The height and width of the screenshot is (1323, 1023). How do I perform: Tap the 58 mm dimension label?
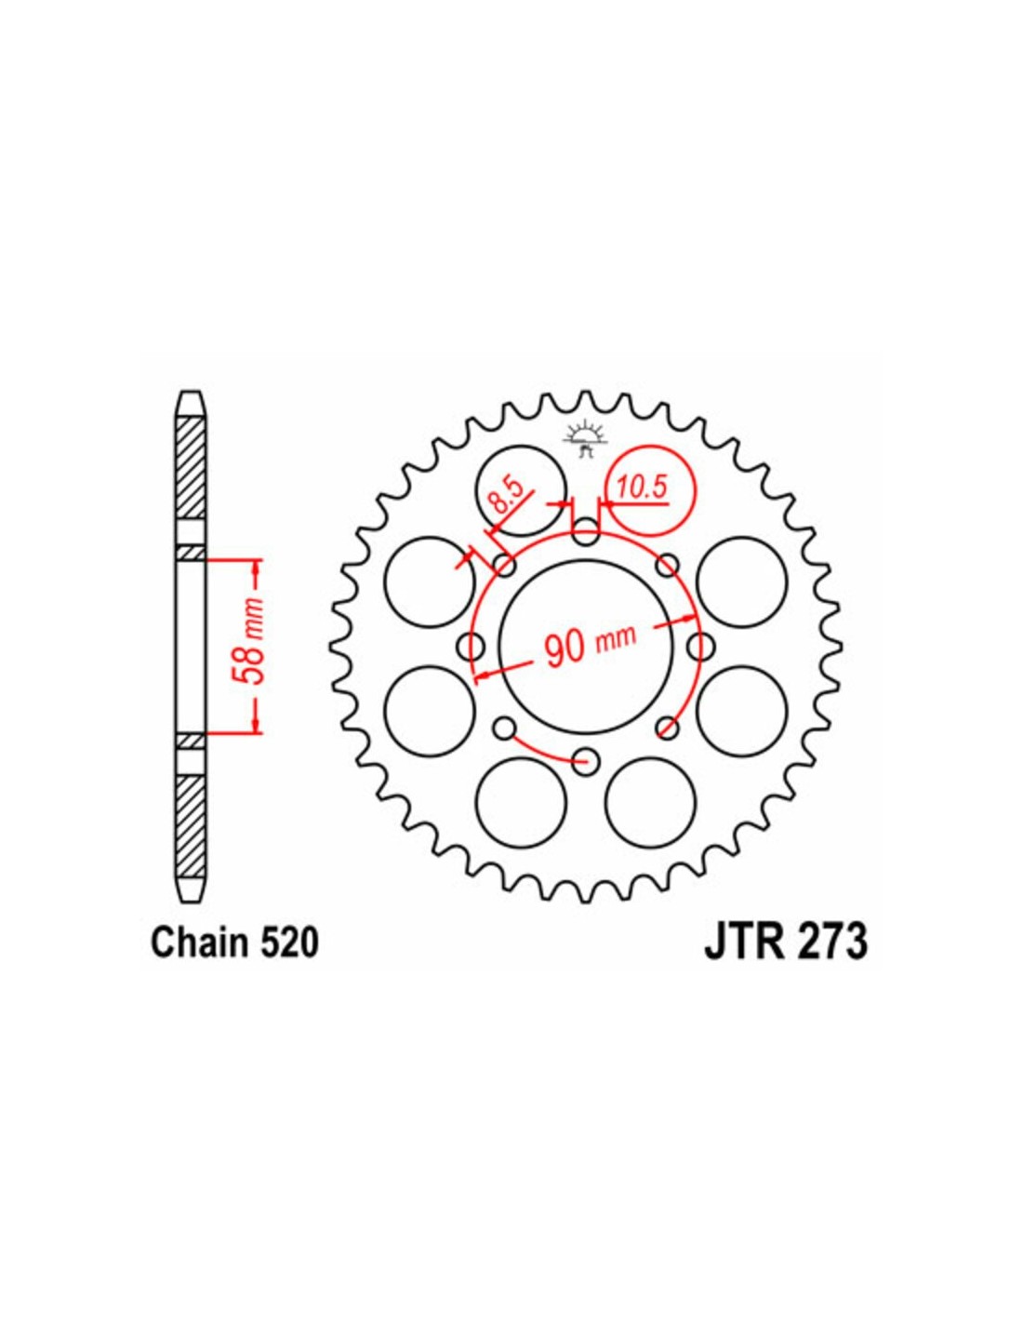(x=251, y=646)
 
